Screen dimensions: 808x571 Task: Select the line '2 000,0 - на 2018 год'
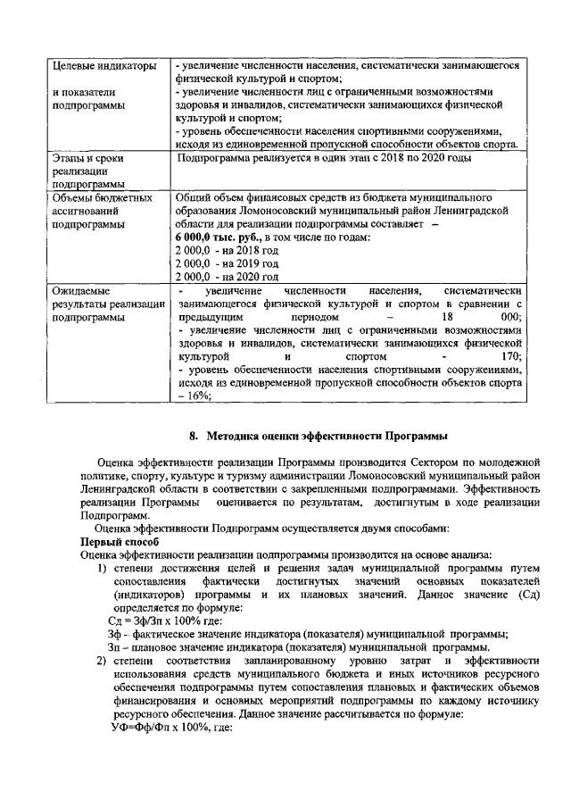point(227,251)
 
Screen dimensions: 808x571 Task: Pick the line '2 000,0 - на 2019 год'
point(227,264)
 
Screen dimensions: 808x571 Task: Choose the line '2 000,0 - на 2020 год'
point(227,278)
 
